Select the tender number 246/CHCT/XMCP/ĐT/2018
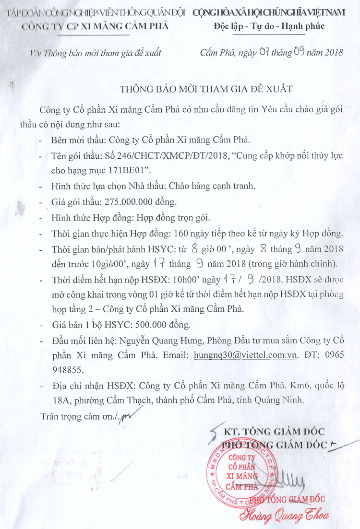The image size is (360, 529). tap(158, 157)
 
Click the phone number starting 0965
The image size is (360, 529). tap(322, 356)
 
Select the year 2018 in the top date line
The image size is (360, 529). tap(332, 52)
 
